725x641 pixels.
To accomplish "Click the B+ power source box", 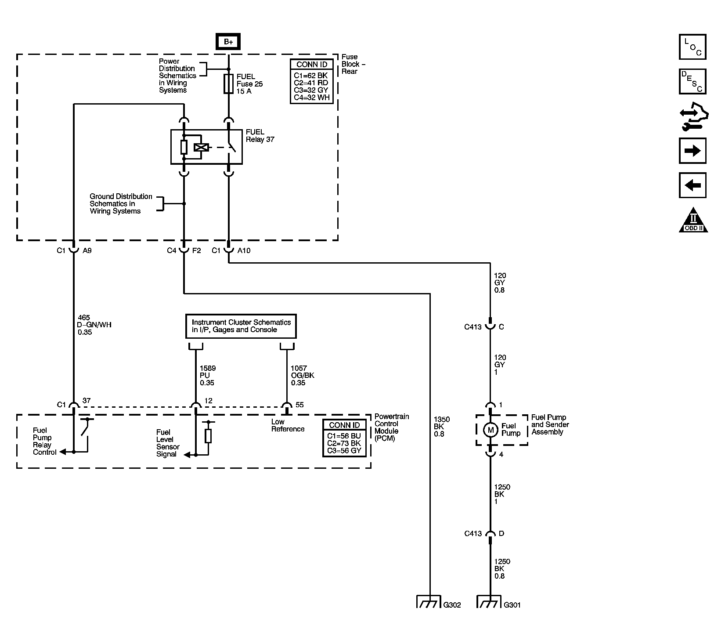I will pyautogui.click(x=228, y=42).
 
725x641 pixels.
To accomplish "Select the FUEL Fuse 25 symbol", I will pyautogui.click(x=228, y=83).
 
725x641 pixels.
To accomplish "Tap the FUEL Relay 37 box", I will pyautogui.click(x=206, y=147).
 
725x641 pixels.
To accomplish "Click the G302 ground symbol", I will pyautogui.click(x=428, y=601).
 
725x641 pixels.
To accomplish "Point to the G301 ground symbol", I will pyautogui.click(x=489, y=601).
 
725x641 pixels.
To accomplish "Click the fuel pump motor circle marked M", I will pyautogui.click(x=491, y=430).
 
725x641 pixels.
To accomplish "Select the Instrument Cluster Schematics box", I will pyautogui.click(x=241, y=326).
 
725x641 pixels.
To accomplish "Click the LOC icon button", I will pyautogui.click(x=693, y=47).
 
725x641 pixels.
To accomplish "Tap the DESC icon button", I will pyautogui.click(x=693, y=81).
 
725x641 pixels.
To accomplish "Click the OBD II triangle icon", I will pyautogui.click(x=693, y=221).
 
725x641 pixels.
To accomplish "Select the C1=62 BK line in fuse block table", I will pyautogui.click(x=311, y=76).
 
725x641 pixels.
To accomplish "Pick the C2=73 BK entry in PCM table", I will pyautogui.click(x=344, y=443).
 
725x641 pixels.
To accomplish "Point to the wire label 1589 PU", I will pyautogui.click(x=207, y=375).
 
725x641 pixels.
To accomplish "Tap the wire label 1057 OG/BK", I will pyautogui.click(x=302, y=375).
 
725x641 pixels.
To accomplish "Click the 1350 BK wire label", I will pyautogui.click(x=441, y=426).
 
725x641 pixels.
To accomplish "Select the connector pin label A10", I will pyautogui.click(x=244, y=250).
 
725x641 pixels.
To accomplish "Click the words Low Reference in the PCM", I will pyautogui.click(x=288, y=425).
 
